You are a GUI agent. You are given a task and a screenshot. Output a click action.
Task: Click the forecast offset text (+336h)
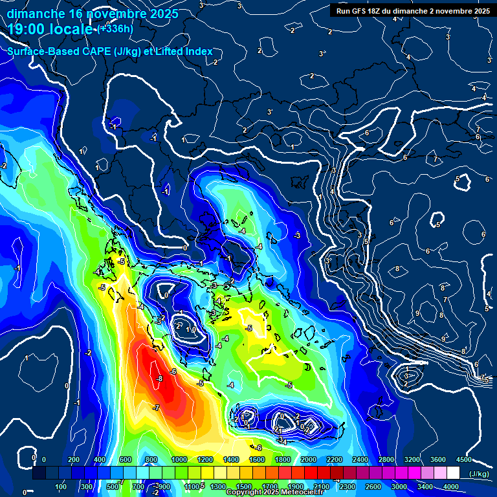coord(115,29)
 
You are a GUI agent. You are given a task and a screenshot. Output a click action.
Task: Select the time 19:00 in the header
coord(27,30)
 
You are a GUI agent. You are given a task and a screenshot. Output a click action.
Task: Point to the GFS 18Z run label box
coord(412,10)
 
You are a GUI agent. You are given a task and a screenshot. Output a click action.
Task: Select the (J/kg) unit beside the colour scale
coord(479,474)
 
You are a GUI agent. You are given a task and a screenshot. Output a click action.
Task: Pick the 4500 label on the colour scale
coord(463,459)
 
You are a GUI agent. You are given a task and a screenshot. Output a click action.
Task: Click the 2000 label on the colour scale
coord(308,459)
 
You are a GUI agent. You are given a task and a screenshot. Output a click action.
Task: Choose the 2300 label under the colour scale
coord(347,487)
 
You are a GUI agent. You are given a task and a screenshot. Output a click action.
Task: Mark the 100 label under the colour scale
coord(61,487)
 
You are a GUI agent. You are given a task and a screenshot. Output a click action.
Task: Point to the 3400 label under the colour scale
coord(425,487)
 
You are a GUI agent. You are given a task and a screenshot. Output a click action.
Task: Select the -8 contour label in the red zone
coord(159,379)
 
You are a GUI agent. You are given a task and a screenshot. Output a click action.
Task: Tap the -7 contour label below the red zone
coord(156,408)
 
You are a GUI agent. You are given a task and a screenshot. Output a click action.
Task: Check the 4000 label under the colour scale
coord(450,487)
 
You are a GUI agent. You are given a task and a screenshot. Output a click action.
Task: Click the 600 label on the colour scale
coord(126,459)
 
